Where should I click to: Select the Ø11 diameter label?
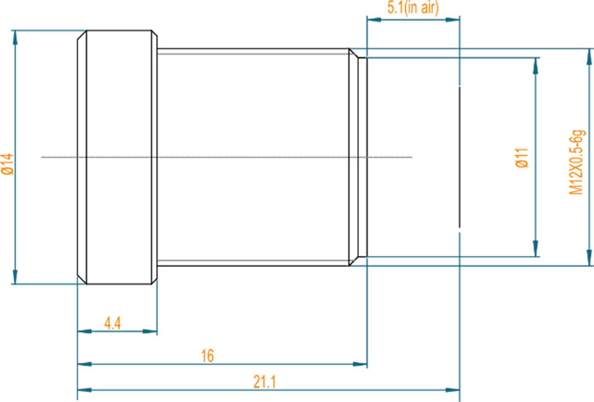pos(522,157)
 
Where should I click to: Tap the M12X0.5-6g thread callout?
pos(576,162)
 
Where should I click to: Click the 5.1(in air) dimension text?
pos(413,8)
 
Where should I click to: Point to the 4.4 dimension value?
pos(113,323)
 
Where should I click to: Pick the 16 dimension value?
pos(207,356)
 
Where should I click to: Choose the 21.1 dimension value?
pos(265,381)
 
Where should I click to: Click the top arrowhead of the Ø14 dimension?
pos(15,38)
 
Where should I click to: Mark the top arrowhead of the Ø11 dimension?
pos(536,67)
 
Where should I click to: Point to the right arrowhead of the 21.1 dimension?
pos(451,390)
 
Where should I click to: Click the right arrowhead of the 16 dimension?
pos(359,364)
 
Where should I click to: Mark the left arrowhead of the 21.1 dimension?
pos(85,390)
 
